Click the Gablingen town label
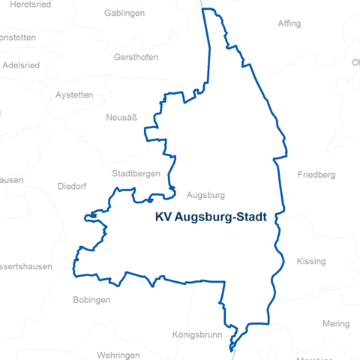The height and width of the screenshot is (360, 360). pos(124,13)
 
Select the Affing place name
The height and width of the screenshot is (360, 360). pos(289,23)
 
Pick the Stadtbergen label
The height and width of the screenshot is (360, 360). pos(136,173)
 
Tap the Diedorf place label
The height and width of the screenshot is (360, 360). pos(72,187)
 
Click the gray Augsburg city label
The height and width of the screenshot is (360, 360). pos(205,195)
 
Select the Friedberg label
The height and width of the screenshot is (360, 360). pos(316,175)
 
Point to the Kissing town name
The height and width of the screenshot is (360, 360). pos(311,261)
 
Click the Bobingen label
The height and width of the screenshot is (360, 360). pos(91,300)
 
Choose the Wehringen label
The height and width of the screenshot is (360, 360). pos(118,355)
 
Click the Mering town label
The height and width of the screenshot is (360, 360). pos(336,324)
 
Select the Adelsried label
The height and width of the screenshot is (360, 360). pos(21,64)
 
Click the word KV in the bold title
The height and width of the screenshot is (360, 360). pos(163,218)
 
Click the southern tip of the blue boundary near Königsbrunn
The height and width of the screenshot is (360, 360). pos(232,346)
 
